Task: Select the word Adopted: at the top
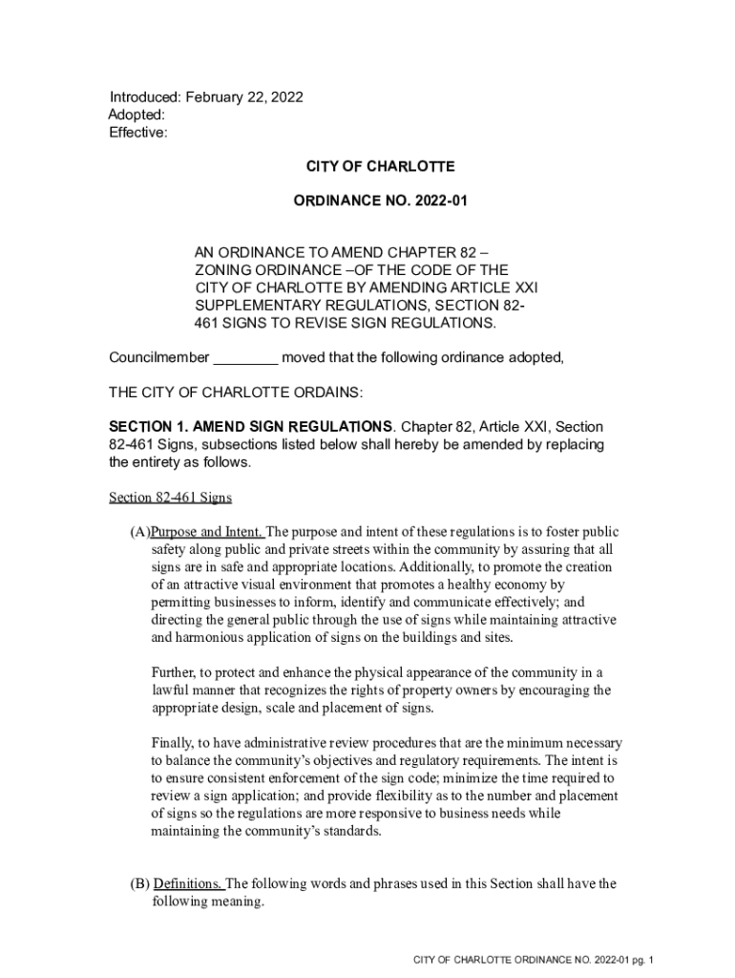136,116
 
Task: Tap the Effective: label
137,133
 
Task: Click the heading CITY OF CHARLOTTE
380,167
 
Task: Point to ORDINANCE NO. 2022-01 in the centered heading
380,202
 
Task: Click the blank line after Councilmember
244,358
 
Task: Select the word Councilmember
158,358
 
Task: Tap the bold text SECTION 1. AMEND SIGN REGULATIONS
250,427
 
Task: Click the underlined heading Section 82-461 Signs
170,498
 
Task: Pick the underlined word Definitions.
187,883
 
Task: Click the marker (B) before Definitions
139,883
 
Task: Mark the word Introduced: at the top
145,97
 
